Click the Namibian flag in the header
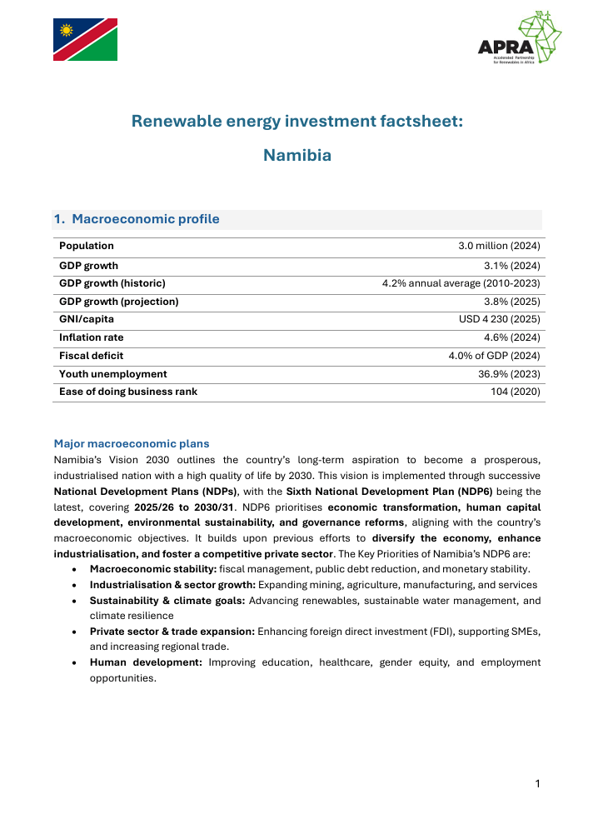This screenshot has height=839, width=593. [86, 40]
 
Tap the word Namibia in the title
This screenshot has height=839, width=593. [296, 155]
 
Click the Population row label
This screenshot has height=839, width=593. [87, 246]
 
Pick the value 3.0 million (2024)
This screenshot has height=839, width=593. [499, 246]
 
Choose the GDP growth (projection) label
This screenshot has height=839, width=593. [119, 302]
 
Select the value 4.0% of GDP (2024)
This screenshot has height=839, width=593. [495, 356]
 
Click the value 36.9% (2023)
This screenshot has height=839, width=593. [510, 374]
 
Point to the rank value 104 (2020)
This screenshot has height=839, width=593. [516, 392]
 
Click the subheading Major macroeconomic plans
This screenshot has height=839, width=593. [132, 443]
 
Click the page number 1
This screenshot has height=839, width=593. [538, 783]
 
